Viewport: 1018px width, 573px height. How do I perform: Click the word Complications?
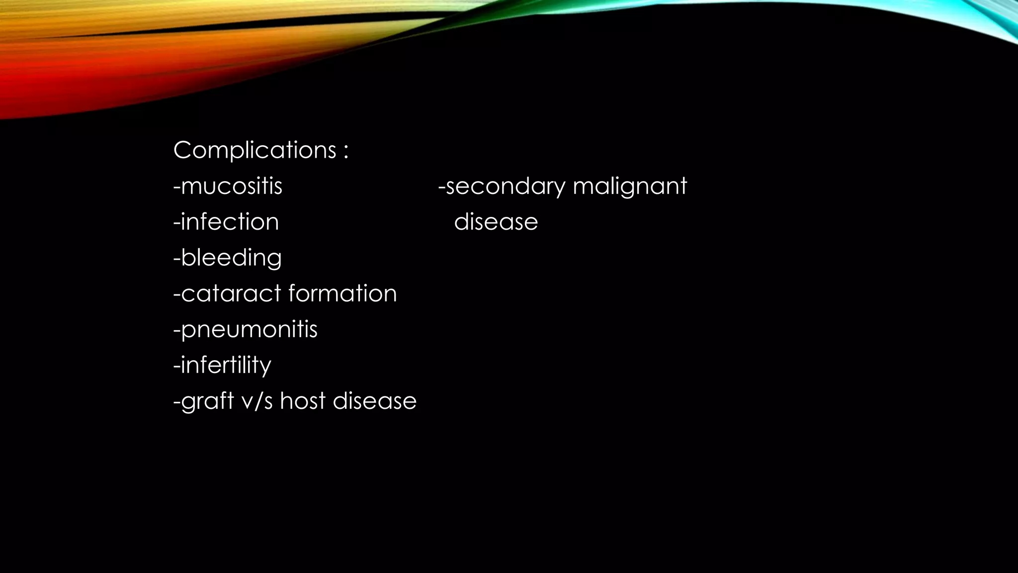coord(255,150)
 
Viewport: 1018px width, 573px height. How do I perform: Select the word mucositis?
coord(232,187)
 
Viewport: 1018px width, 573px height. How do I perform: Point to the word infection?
coord(230,222)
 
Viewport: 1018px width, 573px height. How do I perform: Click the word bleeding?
coord(231,258)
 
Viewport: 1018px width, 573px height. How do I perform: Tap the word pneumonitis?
coord(249,330)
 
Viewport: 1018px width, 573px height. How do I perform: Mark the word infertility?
coord(226,366)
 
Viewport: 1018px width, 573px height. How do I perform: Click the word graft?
coord(207,401)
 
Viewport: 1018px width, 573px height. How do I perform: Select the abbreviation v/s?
coord(257,401)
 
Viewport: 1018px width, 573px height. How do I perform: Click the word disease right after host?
coord(374,401)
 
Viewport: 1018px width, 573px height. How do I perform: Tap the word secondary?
coord(505,187)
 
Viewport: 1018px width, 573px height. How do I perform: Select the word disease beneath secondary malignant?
coord(496,222)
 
